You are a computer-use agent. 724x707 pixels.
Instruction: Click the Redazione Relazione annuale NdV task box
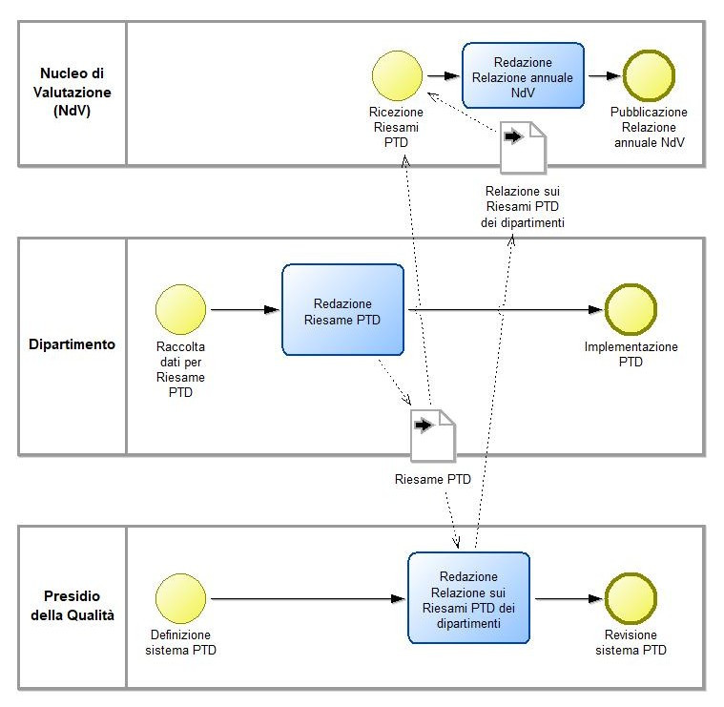523,75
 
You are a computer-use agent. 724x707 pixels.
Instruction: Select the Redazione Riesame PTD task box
342,310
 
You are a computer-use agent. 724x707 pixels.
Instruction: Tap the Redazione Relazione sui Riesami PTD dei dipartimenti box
468,598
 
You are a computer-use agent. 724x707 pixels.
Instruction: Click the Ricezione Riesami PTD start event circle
397,75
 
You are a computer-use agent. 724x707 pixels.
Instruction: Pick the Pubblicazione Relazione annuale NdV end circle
649,75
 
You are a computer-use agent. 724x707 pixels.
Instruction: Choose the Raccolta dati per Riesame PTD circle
180,309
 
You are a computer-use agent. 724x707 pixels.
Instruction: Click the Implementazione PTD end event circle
631,309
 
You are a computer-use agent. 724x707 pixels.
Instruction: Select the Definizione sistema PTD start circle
180,598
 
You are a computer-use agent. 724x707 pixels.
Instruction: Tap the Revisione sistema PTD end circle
631,598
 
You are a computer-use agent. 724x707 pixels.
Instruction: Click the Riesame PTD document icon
433,435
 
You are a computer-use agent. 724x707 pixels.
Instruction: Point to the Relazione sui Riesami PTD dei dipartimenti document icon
523,148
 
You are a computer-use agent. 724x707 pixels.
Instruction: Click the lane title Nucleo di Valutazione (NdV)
72,92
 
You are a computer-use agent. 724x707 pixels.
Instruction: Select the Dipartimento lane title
72,344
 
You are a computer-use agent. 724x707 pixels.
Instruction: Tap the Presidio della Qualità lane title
72,606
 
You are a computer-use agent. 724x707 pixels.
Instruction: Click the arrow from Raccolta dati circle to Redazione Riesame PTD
245,309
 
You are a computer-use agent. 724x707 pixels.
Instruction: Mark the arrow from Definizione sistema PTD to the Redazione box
308,598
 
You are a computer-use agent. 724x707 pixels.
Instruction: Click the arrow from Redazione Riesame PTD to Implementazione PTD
506,309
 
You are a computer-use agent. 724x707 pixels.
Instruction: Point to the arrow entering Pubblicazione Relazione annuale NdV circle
605,75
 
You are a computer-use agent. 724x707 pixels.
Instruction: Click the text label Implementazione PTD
631,354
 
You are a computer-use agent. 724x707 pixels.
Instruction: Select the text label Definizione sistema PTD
180,642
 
